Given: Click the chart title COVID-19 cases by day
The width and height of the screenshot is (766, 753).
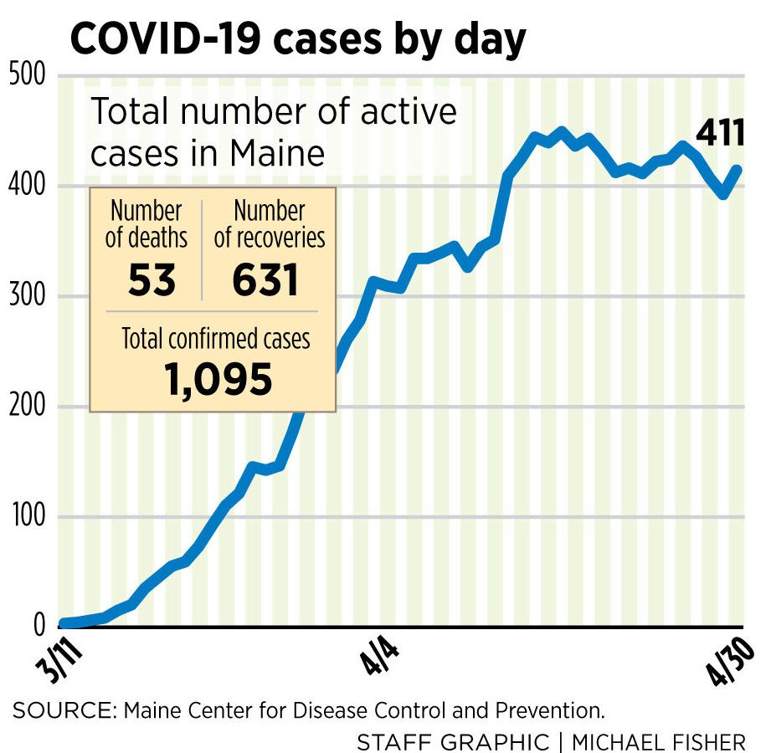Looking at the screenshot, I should (x=298, y=38).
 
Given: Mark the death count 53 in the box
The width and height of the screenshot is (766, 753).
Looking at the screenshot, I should (x=152, y=280).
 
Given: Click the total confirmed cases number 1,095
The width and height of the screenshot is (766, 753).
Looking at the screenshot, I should (x=218, y=379).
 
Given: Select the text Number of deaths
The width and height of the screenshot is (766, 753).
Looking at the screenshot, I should (x=147, y=224).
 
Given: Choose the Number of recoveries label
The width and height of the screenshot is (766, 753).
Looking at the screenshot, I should (x=270, y=224).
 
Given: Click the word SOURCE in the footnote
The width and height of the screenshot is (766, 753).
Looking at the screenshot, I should (x=64, y=711).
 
